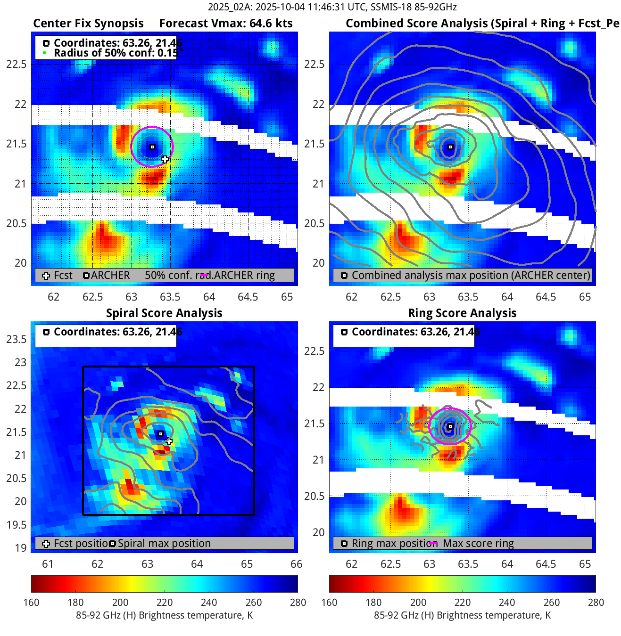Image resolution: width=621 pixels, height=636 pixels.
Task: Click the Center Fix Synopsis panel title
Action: tap(88, 24)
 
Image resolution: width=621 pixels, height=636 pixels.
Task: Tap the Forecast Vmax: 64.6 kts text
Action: tap(225, 24)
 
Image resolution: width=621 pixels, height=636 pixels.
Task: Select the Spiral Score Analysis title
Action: tap(164, 313)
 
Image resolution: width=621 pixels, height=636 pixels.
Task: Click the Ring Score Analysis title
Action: tap(462, 313)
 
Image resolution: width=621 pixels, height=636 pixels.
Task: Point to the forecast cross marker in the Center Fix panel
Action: tap(165, 159)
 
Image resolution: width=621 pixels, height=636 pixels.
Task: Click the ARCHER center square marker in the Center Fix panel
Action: tap(152, 147)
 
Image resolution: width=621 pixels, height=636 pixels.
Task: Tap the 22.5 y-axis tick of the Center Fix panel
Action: tap(17, 65)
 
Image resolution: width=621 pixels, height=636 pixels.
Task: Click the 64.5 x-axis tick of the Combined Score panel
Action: tap(546, 297)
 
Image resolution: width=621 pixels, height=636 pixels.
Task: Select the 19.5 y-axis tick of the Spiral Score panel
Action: tap(17, 525)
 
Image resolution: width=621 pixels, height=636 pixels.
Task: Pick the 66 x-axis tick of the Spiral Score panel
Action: tap(296, 564)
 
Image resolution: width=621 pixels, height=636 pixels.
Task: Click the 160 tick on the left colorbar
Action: tap(32, 603)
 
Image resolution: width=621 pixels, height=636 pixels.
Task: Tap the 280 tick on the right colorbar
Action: tap(596, 603)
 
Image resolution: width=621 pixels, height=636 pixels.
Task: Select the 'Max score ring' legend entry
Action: tap(478, 544)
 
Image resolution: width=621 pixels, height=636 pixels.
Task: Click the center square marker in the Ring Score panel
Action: tap(450, 426)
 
